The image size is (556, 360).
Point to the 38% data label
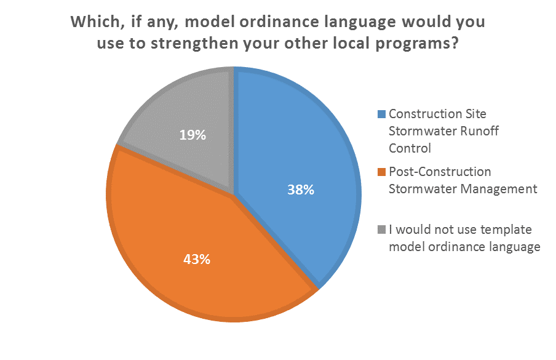(301, 190)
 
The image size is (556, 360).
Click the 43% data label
(197, 259)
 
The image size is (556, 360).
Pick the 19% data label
(193, 134)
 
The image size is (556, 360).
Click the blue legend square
(382, 114)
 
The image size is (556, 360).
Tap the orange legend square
(382, 171)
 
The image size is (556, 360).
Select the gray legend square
(382, 230)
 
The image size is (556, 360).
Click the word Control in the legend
(410, 148)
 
